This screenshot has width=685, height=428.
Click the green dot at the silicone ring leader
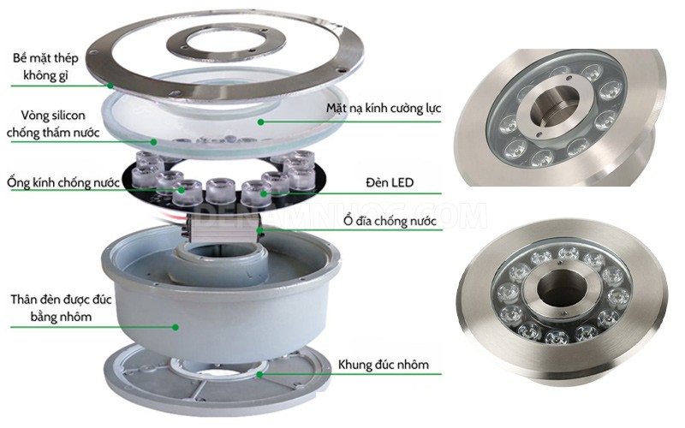(x=154, y=140)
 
